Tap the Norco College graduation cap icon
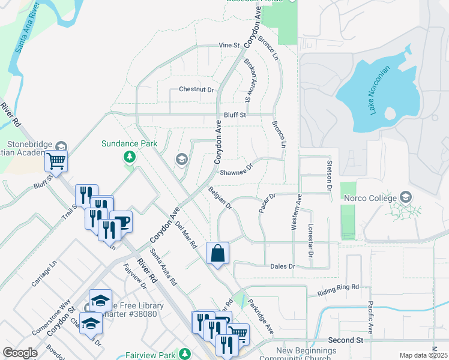pyautogui.click(x=406, y=197)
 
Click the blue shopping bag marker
pyautogui.click(x=217, y=253)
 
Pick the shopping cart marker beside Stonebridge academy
pyautogui.click(x=56, y=160)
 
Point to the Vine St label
pyautogui.click(x=229, y=45)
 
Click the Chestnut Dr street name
pyautogui.click(x=196, y=89)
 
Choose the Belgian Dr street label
pyautogui.click(x=220, y=198)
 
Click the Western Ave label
pyautogui.click(x=295, y=211)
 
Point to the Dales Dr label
pyautogui.click(x=283, y=266)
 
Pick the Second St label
pyautogui.click(x=345, y=340)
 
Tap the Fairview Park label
pyautogui.click(x=151, y=355)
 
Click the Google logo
pyautogui.click(x=20, y=353)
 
